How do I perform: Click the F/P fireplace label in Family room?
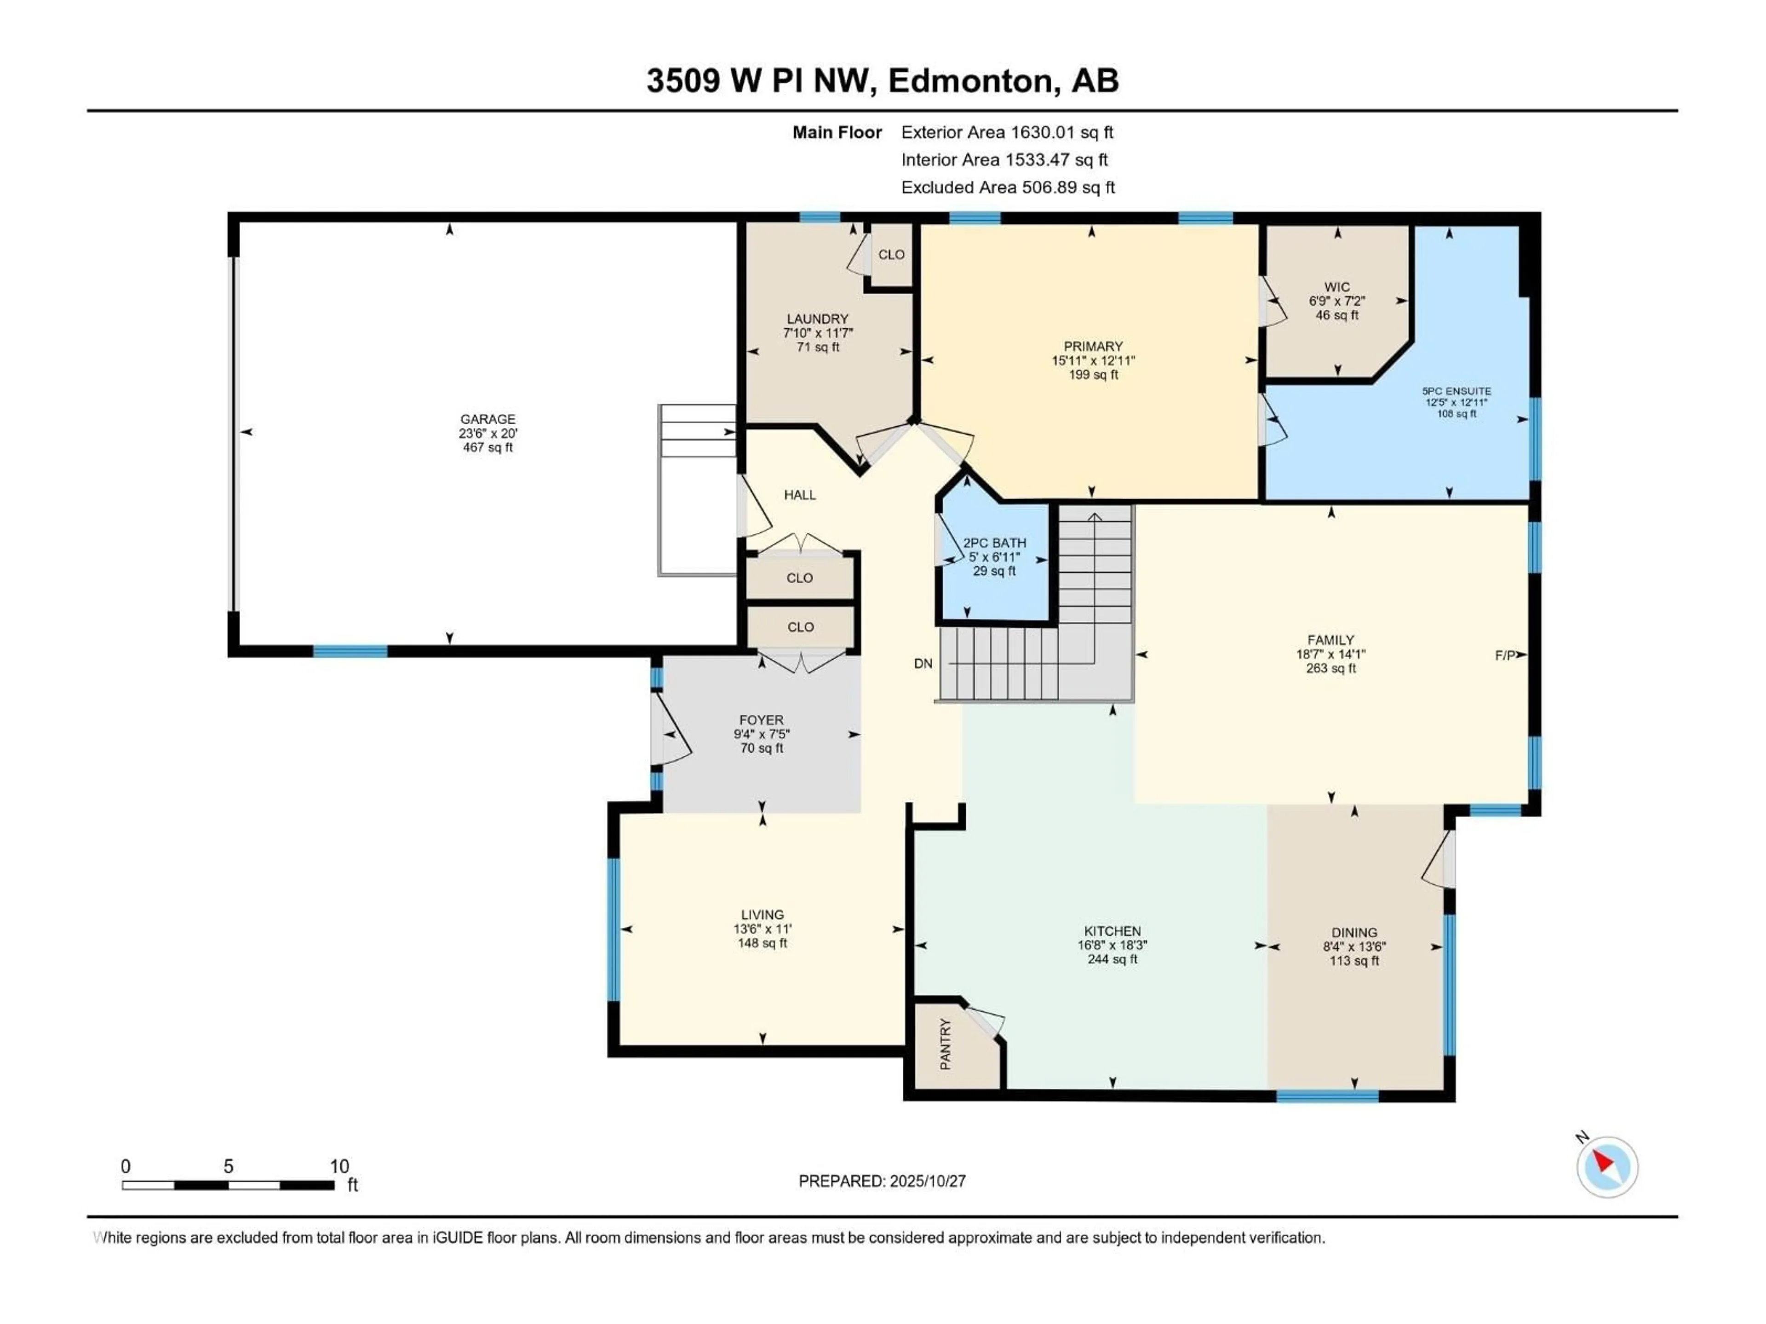[x=1505, y=655]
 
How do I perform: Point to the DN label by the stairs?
[x=923, y=663]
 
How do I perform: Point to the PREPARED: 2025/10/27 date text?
[x=882, y=1181]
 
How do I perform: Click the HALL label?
[x=799, y=495]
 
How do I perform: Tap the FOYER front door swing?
[x=671, y=728]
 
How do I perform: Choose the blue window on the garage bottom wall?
[x=350, y=651]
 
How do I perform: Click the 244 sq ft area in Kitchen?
[x=1112, y=959]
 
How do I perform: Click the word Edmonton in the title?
[x=969, y=80]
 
